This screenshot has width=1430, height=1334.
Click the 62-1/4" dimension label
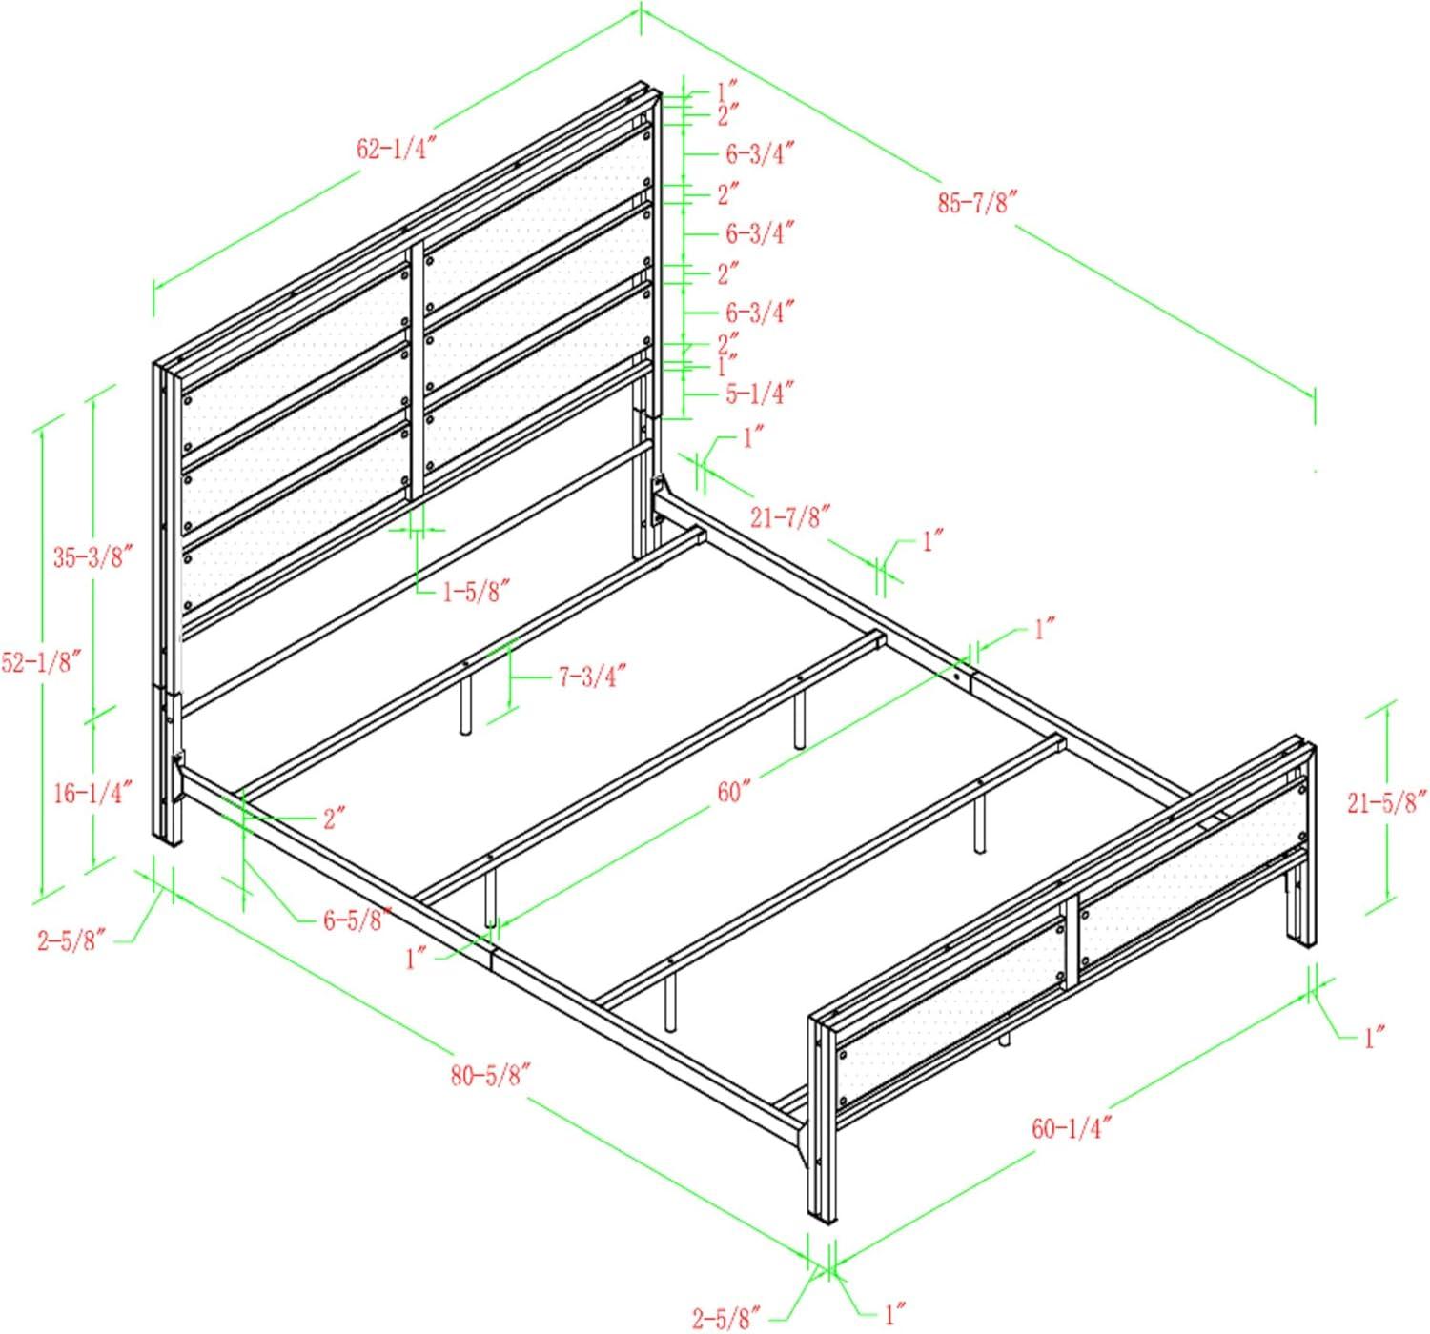(x=396, y=149)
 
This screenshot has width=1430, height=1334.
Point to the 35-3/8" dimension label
(x=92, y=557)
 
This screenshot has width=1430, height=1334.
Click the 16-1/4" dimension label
(x=92, y=792)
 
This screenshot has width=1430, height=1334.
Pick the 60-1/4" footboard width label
(x=1072, y=1128)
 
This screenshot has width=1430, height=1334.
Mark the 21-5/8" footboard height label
(x=1387, y=802)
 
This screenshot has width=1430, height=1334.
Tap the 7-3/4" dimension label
(x=592, y=677)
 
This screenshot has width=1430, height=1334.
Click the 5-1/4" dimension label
(x=760, y=393)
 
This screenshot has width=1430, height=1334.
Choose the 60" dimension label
(x=735, y=792)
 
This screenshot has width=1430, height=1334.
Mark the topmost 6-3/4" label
(x=760, y=152)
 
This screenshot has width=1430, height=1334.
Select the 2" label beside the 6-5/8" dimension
(x=333, y=818)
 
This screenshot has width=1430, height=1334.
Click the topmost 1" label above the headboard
(x=728, y=92)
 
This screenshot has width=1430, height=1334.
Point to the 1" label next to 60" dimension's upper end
(x=1043, y=629)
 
